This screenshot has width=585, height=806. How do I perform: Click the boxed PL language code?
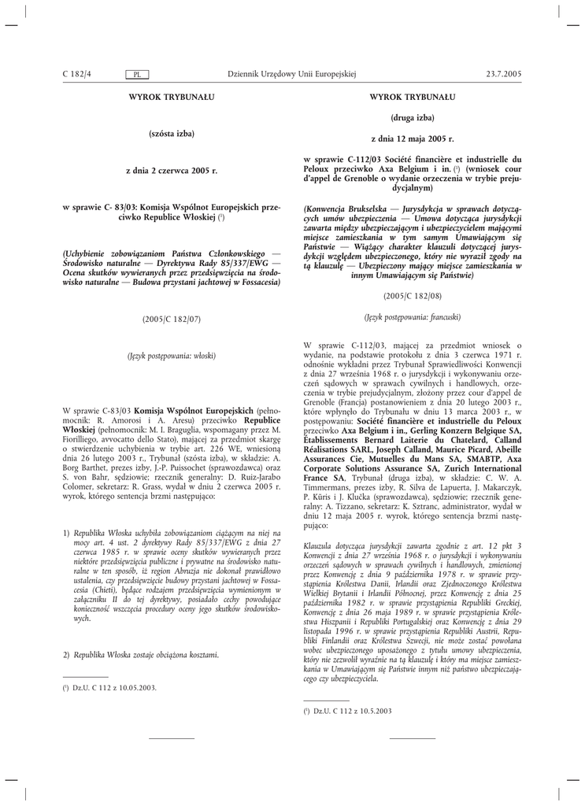138,74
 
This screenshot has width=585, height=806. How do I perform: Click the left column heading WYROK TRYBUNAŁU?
171,97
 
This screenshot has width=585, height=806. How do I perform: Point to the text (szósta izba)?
171,134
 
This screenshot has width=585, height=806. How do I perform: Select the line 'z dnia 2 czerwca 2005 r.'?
171,170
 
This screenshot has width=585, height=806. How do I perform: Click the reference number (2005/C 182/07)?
171,319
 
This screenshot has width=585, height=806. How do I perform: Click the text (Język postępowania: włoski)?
171,356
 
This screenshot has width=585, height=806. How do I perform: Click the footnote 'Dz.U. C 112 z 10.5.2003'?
353,711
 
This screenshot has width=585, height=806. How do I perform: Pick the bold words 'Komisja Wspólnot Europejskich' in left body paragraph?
194,411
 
